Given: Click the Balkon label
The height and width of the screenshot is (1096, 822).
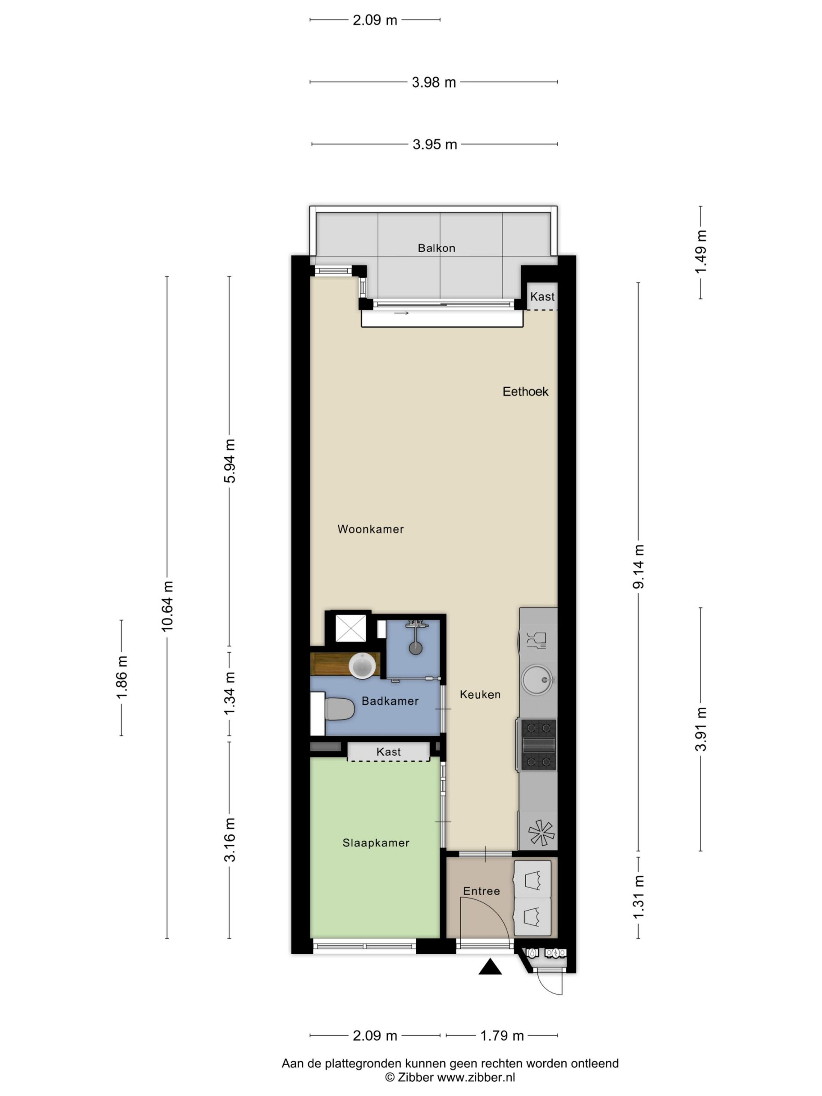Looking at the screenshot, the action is click(x=436, y=248).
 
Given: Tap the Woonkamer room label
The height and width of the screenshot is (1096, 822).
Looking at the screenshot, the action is click(x=371, y=529).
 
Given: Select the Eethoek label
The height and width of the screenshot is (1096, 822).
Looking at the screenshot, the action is click(x=525, y=391).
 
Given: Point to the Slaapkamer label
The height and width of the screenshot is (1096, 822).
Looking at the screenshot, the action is click(x=376, y=843).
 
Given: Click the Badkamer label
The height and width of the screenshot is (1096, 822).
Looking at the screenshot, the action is click(x=390, y=701).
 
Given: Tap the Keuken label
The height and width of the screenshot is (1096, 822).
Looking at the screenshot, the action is click(x=480, y=695).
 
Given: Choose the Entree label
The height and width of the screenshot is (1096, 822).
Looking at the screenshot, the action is click(x=482, y=891).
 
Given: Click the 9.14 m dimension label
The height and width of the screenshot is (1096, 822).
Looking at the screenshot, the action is click(x=639, y=567).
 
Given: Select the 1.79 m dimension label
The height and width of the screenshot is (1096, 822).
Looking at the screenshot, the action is click(x=502, y=1036).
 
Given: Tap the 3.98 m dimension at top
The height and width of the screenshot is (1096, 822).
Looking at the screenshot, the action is click(x=434, y=82).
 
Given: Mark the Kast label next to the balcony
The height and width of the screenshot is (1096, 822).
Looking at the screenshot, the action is click(x=542, y=297).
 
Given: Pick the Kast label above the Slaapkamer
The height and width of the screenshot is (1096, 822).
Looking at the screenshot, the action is click(x=388, y=752).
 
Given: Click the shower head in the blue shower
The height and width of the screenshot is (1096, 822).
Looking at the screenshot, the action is click(x=416, y=648).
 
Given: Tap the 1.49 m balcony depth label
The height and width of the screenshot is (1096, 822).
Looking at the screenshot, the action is click(x=700, y=252).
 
